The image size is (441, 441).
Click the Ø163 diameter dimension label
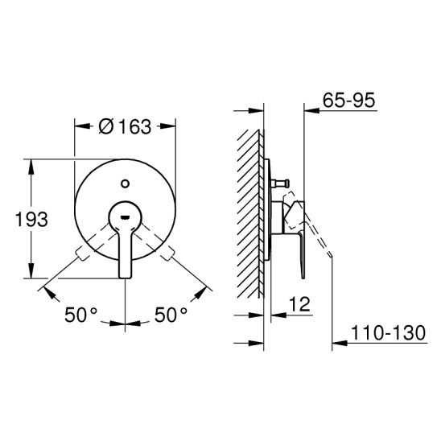coord(126,126)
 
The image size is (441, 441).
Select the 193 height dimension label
coord(31,220)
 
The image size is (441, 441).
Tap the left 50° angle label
coord(80,315)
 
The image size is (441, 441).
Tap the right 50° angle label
coord(171,315)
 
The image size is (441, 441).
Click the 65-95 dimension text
coord(348,100)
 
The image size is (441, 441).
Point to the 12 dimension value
coord(299,303)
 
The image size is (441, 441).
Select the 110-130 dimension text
coord(388,332)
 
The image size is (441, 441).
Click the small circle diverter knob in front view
coord(126,183)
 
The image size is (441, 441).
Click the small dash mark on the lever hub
coord(126,216)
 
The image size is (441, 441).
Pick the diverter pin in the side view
coord(280,183)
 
